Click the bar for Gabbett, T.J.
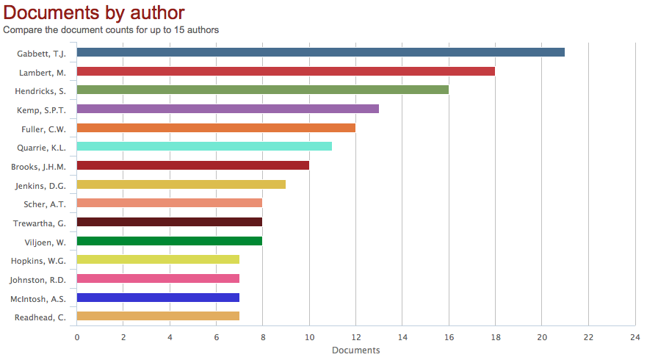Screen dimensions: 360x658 click(320, 52)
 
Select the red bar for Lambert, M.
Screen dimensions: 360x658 click(286, 71)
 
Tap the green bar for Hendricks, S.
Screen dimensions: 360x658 click(262, 90)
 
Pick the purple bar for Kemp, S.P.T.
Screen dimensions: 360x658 click(228, 109)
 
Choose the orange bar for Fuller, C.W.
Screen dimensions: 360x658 click(216, 128)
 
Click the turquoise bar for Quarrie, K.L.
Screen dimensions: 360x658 click(204, 146)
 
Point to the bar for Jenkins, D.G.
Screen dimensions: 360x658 click(181, 184)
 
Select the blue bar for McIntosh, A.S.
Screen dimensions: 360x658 click(158, 298)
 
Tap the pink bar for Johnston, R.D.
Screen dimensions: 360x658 click(158, 278)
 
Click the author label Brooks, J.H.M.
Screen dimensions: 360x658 click(38, 166)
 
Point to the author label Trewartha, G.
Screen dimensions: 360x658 click(40, 223)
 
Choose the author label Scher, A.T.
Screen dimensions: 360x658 click(45, 204)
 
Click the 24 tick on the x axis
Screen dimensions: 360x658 click(634, 337)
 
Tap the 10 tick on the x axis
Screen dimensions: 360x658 click(309, 337)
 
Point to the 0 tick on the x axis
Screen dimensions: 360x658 click(77, 337)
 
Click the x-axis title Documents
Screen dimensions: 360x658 click(355, 350)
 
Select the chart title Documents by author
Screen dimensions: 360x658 click(94, 12)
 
